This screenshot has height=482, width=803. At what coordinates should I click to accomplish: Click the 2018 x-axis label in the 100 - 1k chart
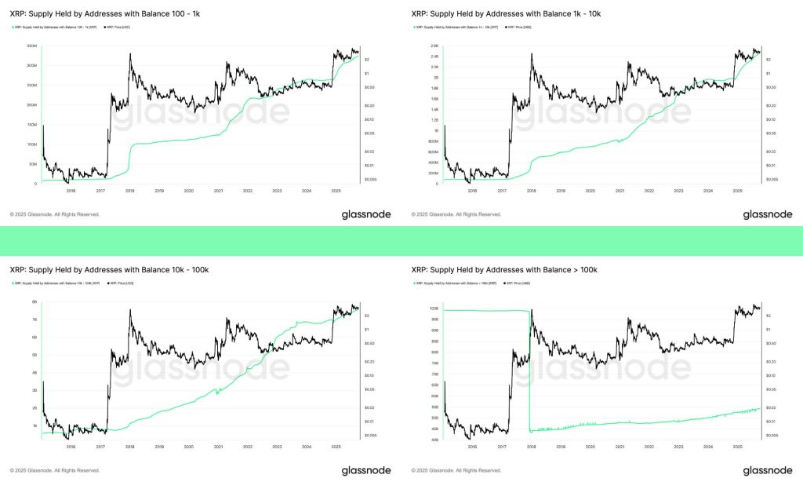click(x=130, y=191)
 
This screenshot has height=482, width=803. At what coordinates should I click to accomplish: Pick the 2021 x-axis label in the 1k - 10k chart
click(x=620, y=191)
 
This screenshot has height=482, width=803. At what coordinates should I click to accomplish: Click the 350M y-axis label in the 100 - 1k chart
click(x=32, y=46)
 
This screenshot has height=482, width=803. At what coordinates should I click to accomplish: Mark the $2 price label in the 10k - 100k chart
click(x=368, y=316)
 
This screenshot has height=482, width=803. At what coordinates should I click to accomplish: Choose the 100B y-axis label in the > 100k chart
click(x=434, y=309)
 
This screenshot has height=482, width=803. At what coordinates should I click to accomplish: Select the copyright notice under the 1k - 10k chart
click(x=456, y=214)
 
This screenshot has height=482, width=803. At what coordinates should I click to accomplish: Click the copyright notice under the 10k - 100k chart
click(x=54, y=470)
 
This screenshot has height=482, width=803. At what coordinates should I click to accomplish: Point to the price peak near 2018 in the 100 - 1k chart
click(x=129, y=54)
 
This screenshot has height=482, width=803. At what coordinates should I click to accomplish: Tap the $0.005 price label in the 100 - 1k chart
click(x=371, y=180)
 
